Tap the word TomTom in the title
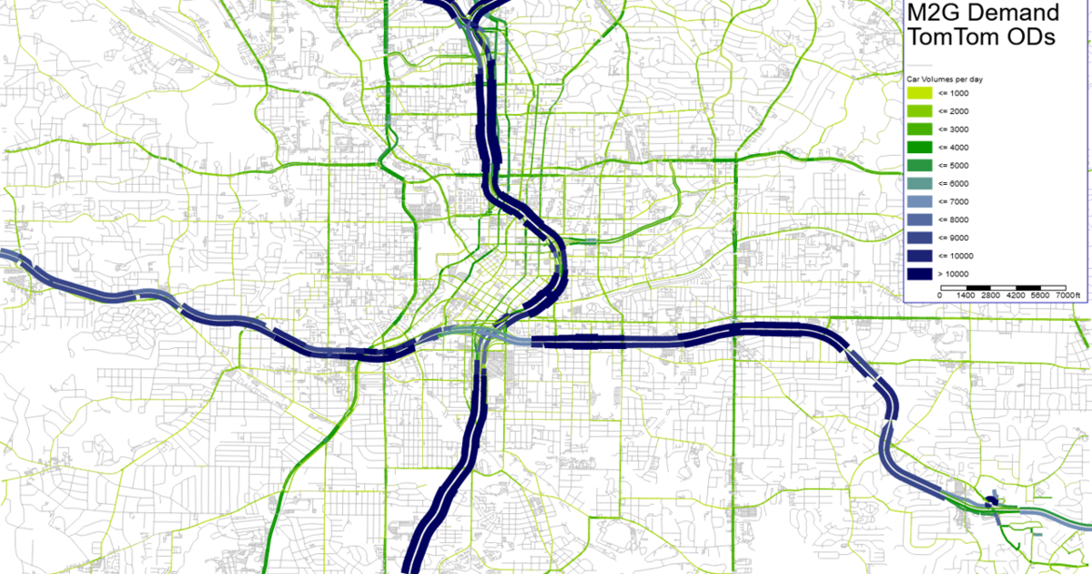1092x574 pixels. tap(954, 37)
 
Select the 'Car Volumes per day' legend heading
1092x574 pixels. tap(943, 79)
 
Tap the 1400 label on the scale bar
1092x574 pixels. tap(966, 296)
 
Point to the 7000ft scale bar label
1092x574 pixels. tap(1064, 296)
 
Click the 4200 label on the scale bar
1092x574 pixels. tap(1016, 296)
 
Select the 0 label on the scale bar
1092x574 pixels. tap(940, 296)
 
